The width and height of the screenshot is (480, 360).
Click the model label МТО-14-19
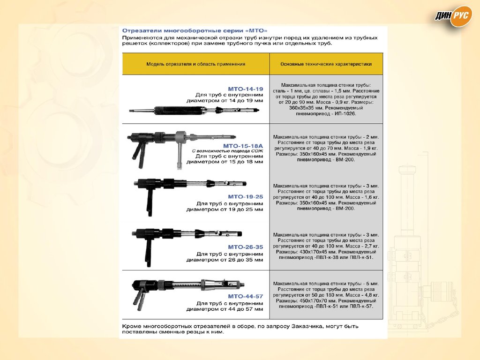click(246, 89)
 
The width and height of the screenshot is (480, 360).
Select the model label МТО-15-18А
click(243, 146)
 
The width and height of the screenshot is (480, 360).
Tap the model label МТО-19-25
click(246, 197)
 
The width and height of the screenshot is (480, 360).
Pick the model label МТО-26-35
click(246, 247)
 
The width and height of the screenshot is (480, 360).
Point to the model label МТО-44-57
click(246, 296)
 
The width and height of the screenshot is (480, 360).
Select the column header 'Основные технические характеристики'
click(326, 64)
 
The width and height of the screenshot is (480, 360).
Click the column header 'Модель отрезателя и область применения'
click(196, 64)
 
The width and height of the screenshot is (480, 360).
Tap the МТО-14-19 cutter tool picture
click(194, 111)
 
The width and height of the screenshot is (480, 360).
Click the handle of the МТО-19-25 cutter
click(150, 201)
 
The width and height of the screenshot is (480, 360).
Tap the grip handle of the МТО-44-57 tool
click(139, 299)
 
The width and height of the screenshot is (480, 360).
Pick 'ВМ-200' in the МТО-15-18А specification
click(345, 159)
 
